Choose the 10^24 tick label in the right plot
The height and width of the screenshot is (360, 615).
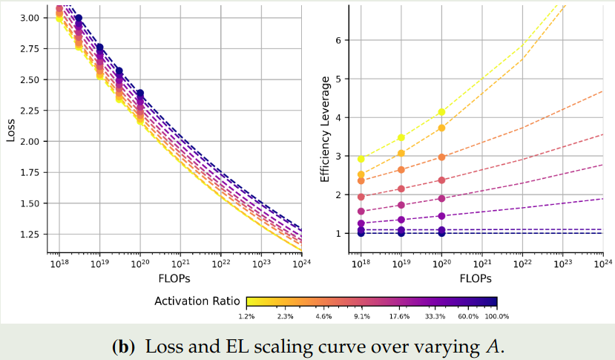click(x=603, y=264)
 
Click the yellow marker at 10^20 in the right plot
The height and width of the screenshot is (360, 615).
click(x=442, y=112)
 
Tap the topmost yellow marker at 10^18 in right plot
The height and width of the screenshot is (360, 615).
click(x=361, y=159)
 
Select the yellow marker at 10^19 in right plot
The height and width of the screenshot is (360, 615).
click(x=401, y=137)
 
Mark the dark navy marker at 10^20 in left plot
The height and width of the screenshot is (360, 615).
click(x=139, y=94)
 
